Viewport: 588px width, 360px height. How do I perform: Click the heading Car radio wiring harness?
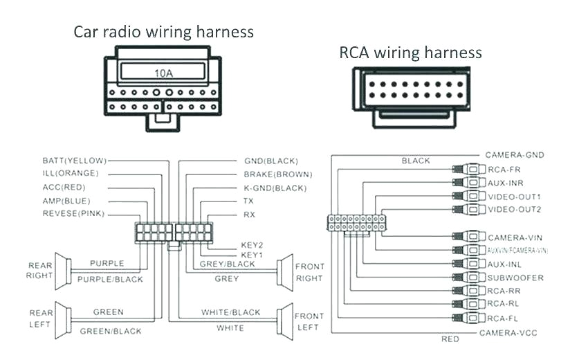[x=164, y=32]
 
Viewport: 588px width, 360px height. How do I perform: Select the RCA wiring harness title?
[x=410, y=53]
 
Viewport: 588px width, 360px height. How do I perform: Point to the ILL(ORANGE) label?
[x=71, y=174]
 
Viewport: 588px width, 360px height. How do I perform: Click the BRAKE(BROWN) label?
[x=277, y=174]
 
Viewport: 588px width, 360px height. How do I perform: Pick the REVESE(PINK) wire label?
[x=73, y=214]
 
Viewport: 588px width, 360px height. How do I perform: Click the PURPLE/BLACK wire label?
[x=111, y=279]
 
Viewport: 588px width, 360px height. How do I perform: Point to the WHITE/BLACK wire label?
[x=231, y=313]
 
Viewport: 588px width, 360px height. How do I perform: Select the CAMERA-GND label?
[x=514, y=155]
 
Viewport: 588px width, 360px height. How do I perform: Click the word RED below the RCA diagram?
[x=450, y=339]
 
